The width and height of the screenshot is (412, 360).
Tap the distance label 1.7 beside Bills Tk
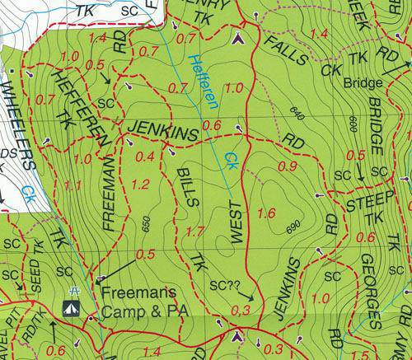(194, 232)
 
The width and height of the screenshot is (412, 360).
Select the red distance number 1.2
(140, 184)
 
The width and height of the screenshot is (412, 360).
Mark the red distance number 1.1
(72, 185)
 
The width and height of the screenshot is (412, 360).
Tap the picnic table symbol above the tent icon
(75, 292)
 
